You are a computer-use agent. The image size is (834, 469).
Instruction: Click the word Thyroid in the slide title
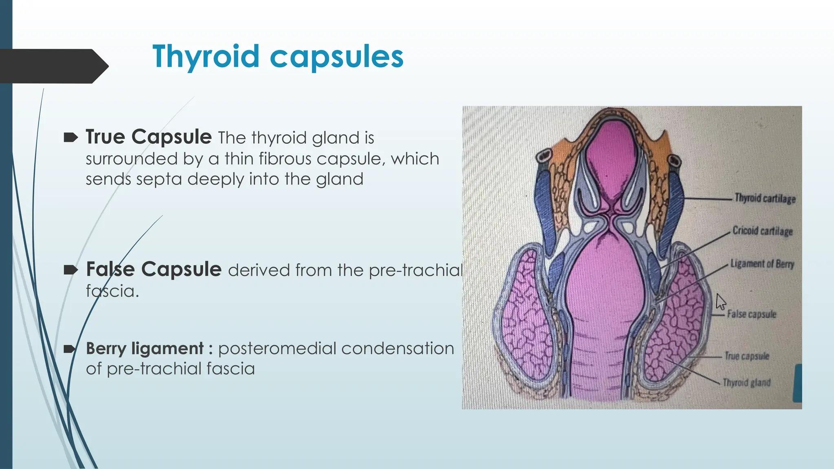(206, 57)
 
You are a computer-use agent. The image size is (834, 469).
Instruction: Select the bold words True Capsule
(149, 137)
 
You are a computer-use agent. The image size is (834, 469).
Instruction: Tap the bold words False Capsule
(154, 270)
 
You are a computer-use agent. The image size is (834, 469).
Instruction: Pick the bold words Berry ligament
(145, 348)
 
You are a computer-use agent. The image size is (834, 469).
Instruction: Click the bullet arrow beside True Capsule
(70, 138)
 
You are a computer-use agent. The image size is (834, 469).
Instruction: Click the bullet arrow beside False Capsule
(70, 270)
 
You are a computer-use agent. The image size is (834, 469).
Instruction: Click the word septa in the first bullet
(159, 179)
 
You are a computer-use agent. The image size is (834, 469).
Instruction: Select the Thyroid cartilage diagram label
(765, 199)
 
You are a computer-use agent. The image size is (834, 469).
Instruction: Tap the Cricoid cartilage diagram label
(762, 231)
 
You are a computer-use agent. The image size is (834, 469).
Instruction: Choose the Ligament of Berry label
(762, 264)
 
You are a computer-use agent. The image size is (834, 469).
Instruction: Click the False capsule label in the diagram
(751, 314)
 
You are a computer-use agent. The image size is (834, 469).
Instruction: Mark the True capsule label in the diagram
(747, 356)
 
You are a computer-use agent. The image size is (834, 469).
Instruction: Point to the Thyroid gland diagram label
(746, 383)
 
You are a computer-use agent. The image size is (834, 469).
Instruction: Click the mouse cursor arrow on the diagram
(720, 302)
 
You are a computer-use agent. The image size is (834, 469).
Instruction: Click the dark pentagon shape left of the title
(53, 66)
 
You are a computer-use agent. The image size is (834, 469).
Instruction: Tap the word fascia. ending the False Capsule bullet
(112, 291)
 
